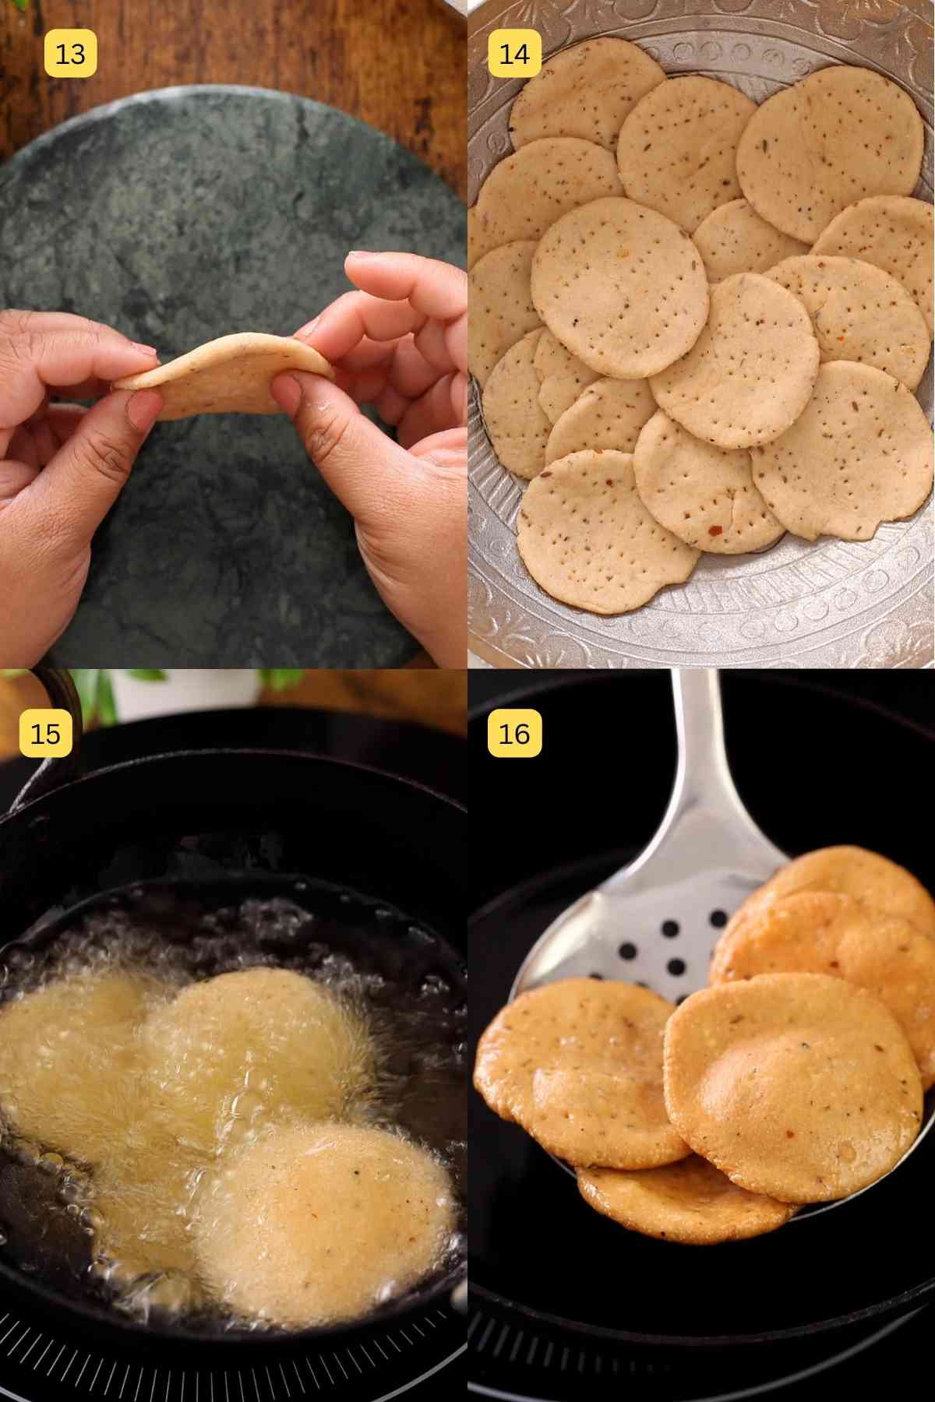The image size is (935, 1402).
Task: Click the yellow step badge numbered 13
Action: (70, 54)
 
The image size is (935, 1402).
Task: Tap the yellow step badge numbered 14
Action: (514, 54)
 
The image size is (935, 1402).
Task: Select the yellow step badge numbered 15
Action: (45, 733)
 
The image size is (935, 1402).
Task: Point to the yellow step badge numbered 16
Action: (514, 733)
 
